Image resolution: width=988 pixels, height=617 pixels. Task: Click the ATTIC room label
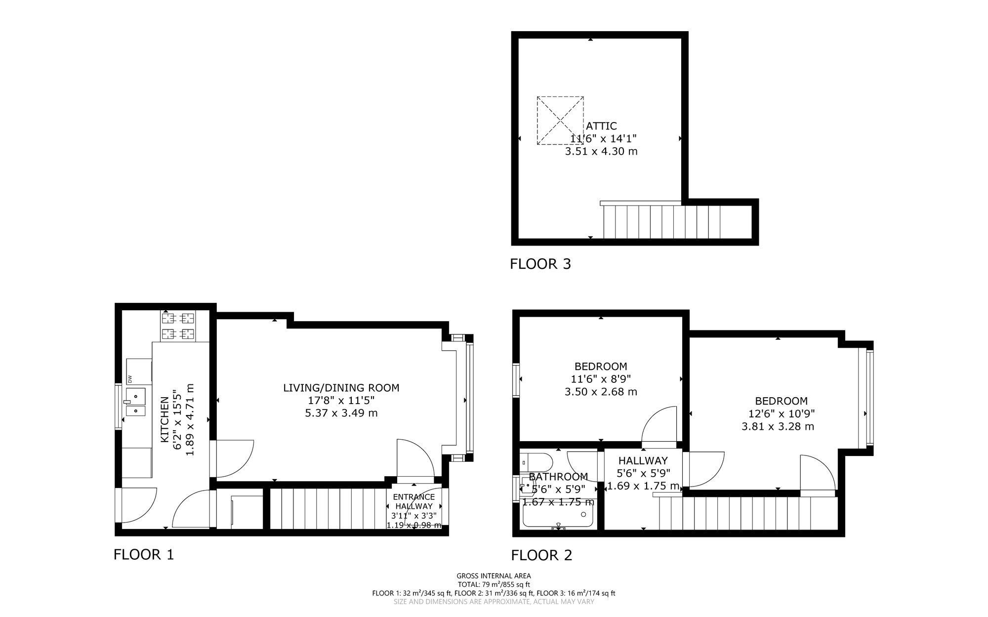[601, 126]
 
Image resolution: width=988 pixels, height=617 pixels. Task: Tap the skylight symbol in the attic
[560, 121]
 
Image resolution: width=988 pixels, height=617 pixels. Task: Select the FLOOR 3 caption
[540, 264]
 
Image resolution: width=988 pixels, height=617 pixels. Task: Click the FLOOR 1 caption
[144, 555]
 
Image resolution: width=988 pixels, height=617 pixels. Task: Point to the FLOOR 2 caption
[541, 556]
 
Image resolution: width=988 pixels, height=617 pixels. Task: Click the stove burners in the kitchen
[178, 326]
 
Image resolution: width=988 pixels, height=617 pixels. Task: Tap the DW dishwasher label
[130, 379]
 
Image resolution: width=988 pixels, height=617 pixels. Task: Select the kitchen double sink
[135, 402]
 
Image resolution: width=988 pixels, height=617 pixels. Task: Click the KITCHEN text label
[165, 419]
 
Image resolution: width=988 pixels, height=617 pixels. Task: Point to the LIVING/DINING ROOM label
[341, 388]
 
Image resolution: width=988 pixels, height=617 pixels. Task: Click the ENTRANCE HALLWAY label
[414, 501]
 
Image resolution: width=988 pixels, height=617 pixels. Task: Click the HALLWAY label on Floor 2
[643, 461]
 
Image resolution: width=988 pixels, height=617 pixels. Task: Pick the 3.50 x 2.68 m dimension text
[601, 392]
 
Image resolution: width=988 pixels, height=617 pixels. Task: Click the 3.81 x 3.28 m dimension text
[778, 426]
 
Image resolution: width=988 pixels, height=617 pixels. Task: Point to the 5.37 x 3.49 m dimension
[341, 413]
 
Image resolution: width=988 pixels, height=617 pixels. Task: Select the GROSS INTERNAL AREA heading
[494, 576]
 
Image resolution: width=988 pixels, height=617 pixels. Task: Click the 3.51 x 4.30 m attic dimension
[601, 151]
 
